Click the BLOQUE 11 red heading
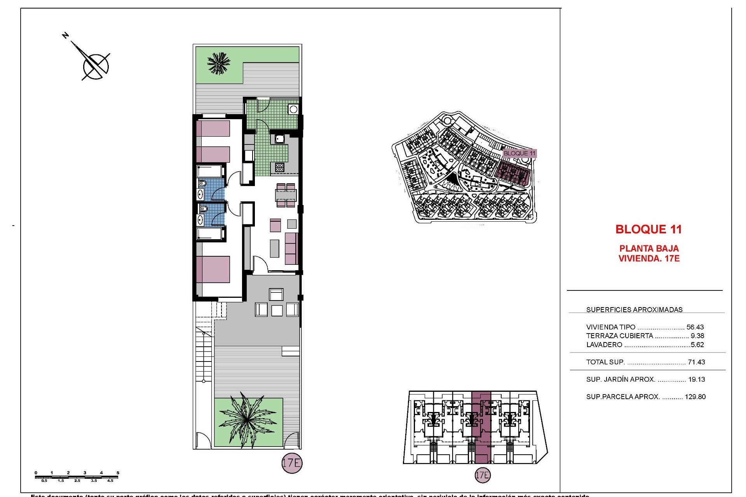point(648,229)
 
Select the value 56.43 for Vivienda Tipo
point(695,327)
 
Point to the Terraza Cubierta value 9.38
point(697,336)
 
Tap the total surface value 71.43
point(696,362)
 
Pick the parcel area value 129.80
point(695,397)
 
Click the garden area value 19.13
point(696,379)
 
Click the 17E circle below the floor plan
point(291,463)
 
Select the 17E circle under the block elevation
point(483,475)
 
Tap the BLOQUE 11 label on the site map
point(519,153)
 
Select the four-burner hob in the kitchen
point(279,167)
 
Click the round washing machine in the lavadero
point(293,109)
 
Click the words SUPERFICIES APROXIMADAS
point(634,309)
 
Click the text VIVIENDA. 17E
point(648,258)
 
